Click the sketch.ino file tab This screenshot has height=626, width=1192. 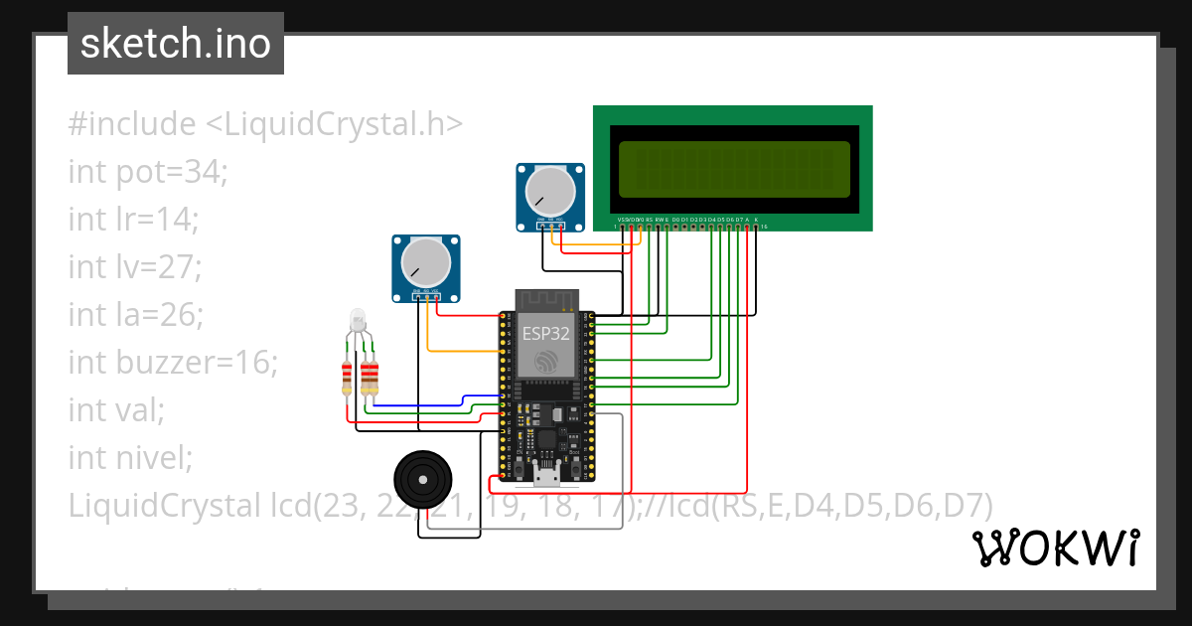tap(176, 44)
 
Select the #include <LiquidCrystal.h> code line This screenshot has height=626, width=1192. tap(265, 124)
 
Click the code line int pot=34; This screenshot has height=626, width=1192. tap(148, 172)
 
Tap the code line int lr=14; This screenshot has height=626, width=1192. tap(133, 220)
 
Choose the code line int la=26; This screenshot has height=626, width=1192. tap(135, 315)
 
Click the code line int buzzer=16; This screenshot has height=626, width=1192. tap(172, 363)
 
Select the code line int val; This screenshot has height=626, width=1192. tap(116, 410)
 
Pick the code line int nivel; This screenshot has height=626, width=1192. tap(129, 458)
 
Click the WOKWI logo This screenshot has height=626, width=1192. tap(1055, 548)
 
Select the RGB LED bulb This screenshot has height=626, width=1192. tap(359, 321)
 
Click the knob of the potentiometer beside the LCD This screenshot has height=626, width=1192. tap(548, 188)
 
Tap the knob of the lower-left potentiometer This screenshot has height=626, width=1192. tap(425, 262)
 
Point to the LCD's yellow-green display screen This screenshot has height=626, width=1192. tap(733, 168)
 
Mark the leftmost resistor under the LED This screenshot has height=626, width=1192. tap(347, 378)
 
